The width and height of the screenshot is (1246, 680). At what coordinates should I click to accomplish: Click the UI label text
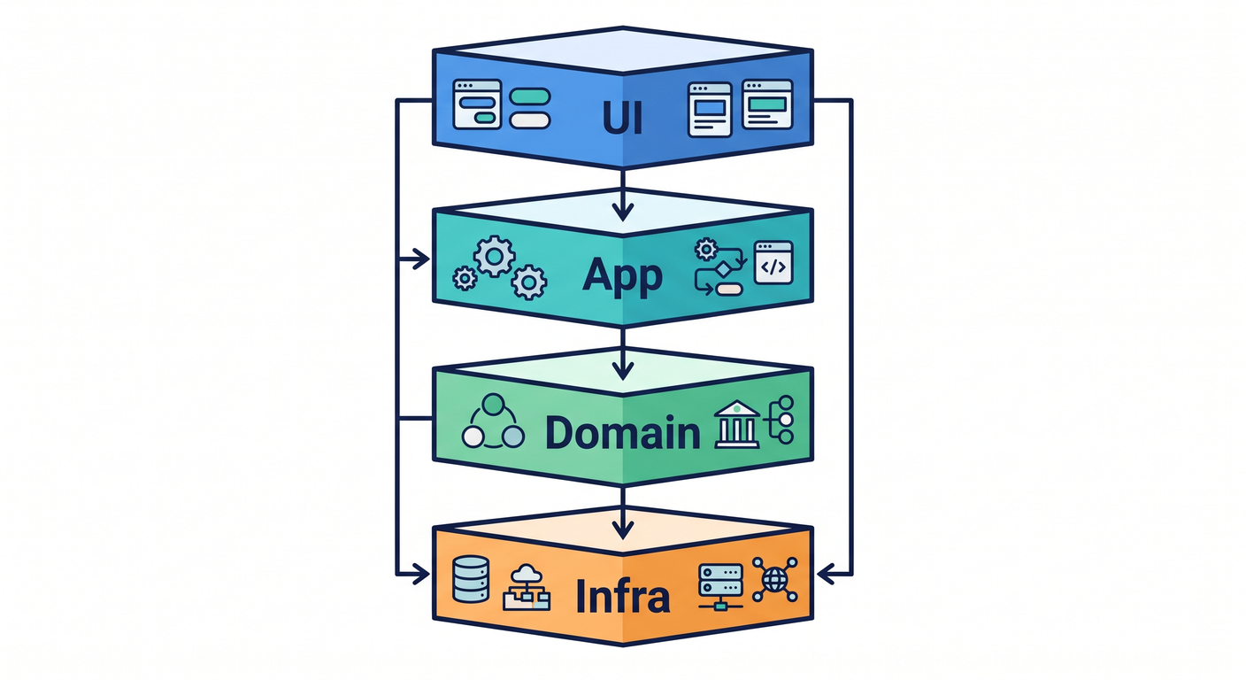click(622, 118)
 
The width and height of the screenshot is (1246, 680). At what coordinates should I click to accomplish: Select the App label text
click(622, 276)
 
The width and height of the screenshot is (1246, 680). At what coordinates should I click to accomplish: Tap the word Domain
click(622, 432)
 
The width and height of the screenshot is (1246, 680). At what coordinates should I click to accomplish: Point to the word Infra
click(622, 596)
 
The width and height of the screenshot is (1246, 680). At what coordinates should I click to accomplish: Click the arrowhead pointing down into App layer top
click(622, 212)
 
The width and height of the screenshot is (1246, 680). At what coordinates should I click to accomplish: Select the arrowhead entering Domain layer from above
click(622, 371)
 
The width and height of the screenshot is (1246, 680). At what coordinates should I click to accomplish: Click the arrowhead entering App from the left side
click(420, 259)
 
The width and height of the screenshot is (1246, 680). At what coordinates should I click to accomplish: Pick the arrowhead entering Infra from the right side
click(826, 574)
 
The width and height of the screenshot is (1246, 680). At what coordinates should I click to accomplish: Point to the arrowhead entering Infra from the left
click(420, 574)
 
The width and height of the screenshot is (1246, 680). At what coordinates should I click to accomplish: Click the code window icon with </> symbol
click(773, 263)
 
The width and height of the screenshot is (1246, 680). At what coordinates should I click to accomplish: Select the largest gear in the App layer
click(494, 256)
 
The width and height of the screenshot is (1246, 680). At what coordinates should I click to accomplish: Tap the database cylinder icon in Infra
click(471, 579)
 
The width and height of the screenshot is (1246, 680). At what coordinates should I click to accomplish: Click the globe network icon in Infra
click(775, 580)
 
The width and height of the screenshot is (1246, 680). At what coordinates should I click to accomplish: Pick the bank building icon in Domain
click(737, 424)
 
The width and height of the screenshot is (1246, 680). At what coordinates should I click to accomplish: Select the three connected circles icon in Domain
click(493, 421)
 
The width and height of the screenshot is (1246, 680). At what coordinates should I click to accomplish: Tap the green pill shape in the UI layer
click(529, 97)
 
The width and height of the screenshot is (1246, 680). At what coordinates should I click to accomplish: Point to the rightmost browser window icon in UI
click(767, 104)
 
